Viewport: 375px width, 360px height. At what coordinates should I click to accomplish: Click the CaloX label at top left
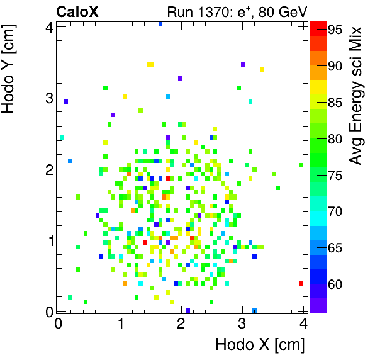coord(77,11)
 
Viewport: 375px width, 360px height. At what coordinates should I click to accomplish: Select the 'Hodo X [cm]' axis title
coord(260,345)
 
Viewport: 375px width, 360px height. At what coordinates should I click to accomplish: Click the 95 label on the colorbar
coord(334,30)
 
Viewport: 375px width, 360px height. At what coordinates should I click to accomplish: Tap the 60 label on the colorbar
coord(334,284)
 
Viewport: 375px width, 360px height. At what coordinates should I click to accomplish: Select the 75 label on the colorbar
coord(334,175)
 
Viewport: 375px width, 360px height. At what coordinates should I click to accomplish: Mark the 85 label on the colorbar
coord(334,103)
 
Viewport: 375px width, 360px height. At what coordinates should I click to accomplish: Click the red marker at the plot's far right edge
coord(302,284)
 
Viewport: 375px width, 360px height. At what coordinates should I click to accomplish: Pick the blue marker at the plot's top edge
coord(160,24)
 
